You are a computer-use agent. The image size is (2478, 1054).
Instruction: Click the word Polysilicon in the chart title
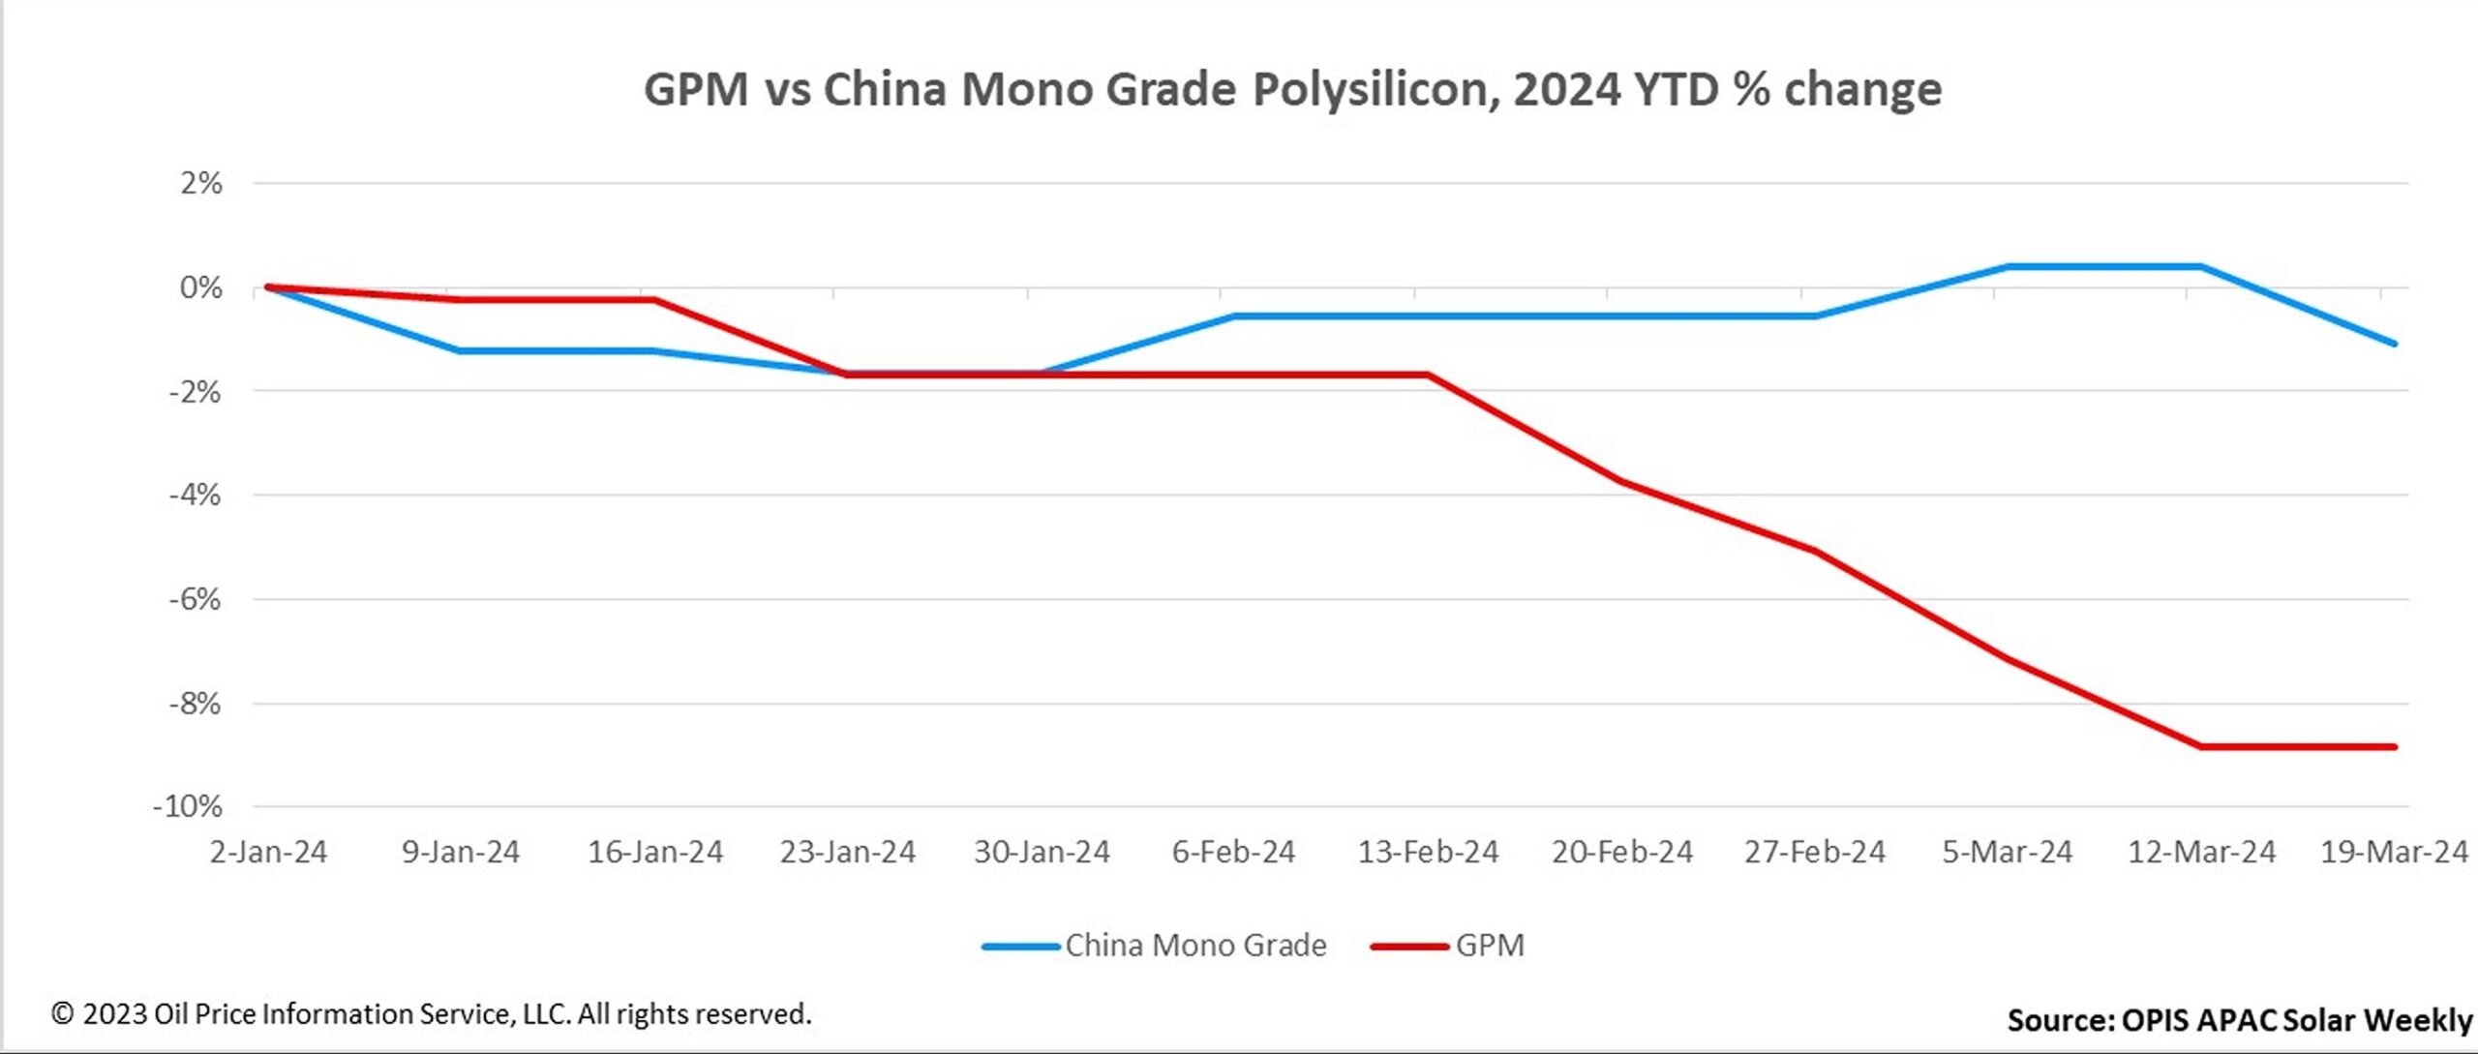click(x=1375, y=90)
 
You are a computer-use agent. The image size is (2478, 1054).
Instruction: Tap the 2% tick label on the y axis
click(x=200, y=183)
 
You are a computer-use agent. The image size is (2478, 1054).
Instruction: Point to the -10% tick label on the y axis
click(x=188, y=806)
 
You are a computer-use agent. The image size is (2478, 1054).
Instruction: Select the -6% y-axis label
click(x=195, y=599)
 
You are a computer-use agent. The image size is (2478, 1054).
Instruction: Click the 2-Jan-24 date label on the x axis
click(x=268, y=852)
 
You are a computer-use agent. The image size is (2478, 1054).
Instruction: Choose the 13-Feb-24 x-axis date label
click(x=1428, y=852)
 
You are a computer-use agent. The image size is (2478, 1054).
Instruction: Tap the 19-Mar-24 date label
click(x=2394, y=852)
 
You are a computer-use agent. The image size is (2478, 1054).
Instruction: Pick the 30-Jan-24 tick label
click(x=1041, y=852)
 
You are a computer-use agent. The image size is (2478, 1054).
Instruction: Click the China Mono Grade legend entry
click(x=1195, y=945)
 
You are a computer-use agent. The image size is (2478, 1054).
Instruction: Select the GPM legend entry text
click(x=1490, y=945)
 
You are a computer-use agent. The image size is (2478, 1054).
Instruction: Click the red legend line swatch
click(x=1408, y=946)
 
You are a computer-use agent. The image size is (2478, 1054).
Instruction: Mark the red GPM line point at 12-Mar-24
click(x=2201, y=746)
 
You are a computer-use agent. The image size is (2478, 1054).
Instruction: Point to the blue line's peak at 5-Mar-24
click(x=2008, y=266)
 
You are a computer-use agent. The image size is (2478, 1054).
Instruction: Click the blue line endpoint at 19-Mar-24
click(x=2395, y=344)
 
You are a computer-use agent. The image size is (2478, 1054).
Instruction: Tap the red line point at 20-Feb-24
click(x=1621, y=481)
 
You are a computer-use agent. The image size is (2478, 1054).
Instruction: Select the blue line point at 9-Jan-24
click(x=459, y=350)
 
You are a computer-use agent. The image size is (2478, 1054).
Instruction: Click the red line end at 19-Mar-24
click(x=2395, y=746)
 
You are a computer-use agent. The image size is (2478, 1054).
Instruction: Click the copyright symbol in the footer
click(x=62, y=1013)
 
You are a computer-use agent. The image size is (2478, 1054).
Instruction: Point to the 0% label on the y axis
click(x=200, y=287)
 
